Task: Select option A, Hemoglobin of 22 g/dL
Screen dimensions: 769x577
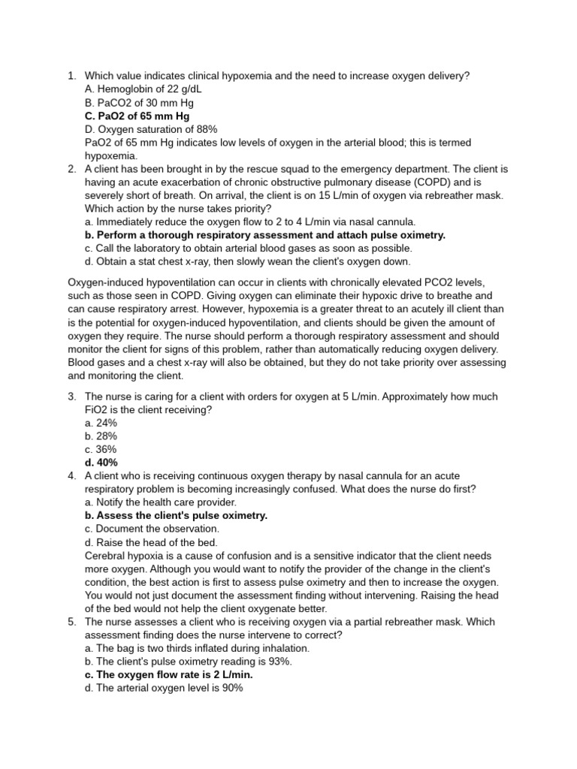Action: tap(143, 89)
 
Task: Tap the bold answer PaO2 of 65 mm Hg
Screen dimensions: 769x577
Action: tap(137, 116)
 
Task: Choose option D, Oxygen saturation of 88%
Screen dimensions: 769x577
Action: tap(145, 130)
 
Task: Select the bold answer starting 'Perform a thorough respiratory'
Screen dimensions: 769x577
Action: tap(265, 235)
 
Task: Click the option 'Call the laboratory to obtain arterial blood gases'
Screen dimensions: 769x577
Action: tap(249, 249)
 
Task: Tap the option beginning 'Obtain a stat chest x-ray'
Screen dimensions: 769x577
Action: tap(248, 262)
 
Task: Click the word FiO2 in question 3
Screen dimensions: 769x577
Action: tap(97, 410)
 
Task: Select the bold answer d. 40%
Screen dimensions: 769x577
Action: tap(101, 463)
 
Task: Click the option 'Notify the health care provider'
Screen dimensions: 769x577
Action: tap(161, 502)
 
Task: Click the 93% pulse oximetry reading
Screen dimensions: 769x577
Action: tap(279, 662)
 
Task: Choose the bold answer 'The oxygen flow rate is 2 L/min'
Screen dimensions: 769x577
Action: tap(169, 674)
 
